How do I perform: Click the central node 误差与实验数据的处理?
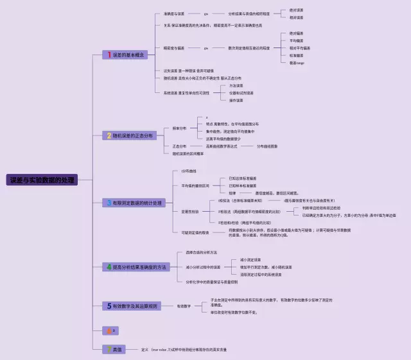pyautogui.click(x=42, y=180)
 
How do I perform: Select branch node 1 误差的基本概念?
pyautogui.click(x=127, y=55)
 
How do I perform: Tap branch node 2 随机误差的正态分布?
pyautogui.click(x=130, y=136)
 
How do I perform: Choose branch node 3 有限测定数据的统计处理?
pyautogui.click(x=135, y=203)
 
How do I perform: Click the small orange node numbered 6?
pyautogui.click(x=110, y=330)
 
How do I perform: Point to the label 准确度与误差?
pyautogui.click(x=174, y=13)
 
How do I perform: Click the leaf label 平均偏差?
pyautogui.click(x=297, y=40)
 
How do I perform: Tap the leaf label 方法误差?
pyautogui.click(x=236, y=85)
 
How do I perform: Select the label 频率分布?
pyautogui.click(x=180, y=128)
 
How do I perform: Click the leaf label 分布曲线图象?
pyautogui.click(x=267, y=146)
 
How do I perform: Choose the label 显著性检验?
pyautogui.click(x=190, y=211)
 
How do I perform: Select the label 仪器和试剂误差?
pyautogui.click(x=241, y=93)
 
